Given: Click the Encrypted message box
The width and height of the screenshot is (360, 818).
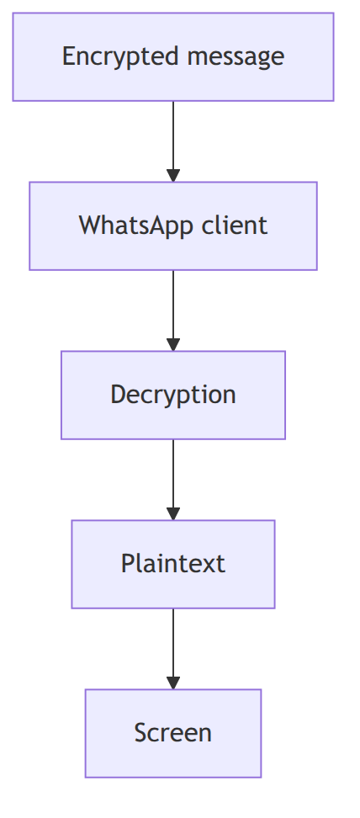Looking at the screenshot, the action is point(173,57).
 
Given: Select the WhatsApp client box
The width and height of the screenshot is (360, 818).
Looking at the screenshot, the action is point(173,226).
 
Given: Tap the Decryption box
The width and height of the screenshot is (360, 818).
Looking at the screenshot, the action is point(173,395).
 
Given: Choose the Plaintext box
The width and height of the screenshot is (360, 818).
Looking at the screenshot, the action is point(173,564).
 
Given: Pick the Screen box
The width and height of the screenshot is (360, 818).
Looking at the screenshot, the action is point(173,733).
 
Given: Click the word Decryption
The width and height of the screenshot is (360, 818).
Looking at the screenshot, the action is point(173,395).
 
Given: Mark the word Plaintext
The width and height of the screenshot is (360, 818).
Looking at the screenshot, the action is point(173,564).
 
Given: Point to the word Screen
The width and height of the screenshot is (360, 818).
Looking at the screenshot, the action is point(173,733).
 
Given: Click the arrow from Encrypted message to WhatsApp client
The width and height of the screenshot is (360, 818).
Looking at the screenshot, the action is point(173,141).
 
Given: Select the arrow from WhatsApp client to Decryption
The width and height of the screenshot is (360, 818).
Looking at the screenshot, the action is point(173,311).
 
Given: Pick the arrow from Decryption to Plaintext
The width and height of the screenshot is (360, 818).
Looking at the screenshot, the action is point(173,480).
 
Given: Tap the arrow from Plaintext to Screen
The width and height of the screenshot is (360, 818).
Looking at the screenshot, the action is point(173,649).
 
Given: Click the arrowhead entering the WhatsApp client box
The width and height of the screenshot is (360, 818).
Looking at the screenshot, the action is point(173,176).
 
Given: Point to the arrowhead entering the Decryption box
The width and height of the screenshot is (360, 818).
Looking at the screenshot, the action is point(173,345).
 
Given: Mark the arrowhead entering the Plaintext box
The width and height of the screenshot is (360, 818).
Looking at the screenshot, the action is point(173,514).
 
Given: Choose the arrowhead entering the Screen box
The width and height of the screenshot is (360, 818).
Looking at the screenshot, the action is point(173,683).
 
